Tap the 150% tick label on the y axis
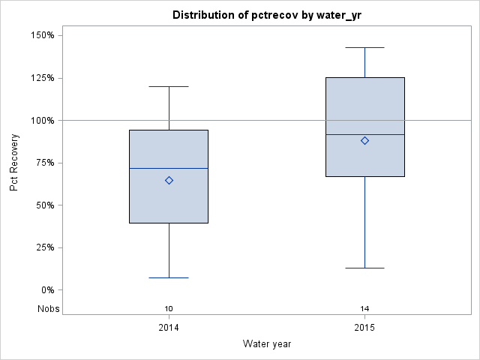point(41,35)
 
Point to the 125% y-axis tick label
point(41,78)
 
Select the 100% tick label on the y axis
point(41,120)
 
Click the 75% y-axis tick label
point(43,163)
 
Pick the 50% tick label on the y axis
point(43,205)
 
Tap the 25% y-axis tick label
point(43,247)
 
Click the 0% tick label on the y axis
point(46,290)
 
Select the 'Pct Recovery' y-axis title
point(15,163)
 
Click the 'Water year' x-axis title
point(266,344)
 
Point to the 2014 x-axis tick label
point(169,328)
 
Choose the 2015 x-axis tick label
point(364,328)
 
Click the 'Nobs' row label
point(48,309)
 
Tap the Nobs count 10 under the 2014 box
point(169,309)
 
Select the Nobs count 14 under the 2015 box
point(364,309)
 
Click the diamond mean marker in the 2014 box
point(169,180)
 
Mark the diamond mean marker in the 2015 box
point(364,140)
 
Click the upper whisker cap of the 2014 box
point(169,86)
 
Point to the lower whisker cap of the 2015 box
point(364,268)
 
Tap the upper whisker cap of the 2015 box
point(364,47)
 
